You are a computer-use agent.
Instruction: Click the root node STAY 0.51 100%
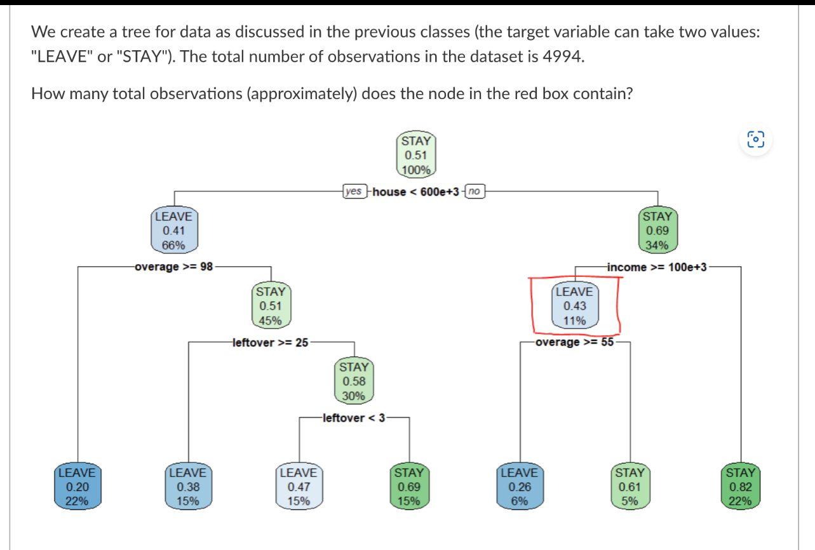[417, 155]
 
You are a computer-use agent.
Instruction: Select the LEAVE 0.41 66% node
[175, 231]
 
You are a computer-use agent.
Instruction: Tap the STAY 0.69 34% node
[657, 231]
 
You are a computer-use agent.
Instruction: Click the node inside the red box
[574, 306]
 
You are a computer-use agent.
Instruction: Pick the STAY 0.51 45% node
[271, 306]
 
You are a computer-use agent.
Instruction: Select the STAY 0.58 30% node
[354, 382]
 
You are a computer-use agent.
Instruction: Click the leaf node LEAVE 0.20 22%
[77, 486]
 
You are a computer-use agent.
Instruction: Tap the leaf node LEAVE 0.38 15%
[188, 486]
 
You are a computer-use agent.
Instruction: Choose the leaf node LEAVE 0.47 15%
[299, 486]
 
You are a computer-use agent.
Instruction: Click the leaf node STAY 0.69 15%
[408, 486]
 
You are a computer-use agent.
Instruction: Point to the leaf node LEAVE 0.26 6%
[519, 486]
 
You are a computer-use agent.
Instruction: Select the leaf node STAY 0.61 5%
[630, 486]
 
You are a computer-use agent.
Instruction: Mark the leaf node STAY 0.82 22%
[741, 486]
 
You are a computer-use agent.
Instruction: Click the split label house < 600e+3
[415, 192]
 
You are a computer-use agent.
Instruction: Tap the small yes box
[354, 191]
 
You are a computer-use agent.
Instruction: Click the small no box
[474, 191]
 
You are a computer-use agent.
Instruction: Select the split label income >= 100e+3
[657, 267]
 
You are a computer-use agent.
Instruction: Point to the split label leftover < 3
[354, 418]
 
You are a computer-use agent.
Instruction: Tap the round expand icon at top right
[756, 140]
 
